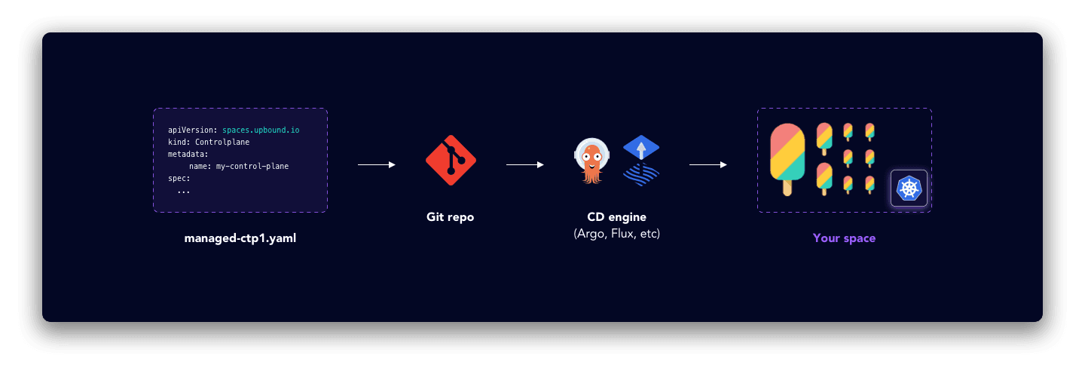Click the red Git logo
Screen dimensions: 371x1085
[x=451, y=160]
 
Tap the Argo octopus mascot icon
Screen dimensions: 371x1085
[x=591, y=161]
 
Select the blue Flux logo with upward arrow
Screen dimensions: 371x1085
[x=641, y=161]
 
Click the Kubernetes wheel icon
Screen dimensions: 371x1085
[x=909, y=189]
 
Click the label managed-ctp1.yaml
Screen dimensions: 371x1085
[x=240, y=238]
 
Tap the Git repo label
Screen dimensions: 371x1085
[x=450, y=217]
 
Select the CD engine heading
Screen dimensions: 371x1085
[x=616, y=217]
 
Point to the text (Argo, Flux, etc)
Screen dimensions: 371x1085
[x=616, y=234]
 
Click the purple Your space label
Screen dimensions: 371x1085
[x=844, y=238]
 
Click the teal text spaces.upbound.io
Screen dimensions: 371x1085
[x=261, y=130]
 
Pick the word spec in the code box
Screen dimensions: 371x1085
[x=178, y=179]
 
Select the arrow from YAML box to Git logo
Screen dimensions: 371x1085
[x=376, y=164]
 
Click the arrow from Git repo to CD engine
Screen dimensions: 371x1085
[x=525, y=164]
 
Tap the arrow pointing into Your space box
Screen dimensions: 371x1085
[x=708, y=164]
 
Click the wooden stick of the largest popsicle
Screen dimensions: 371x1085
[x=787, y=188]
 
